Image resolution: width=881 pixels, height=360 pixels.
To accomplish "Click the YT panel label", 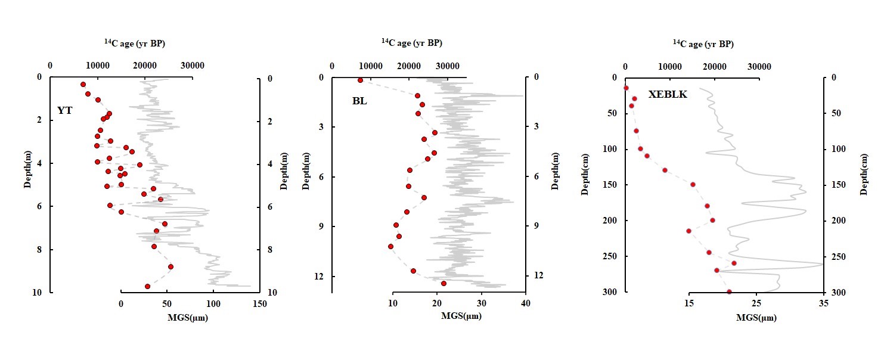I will (x=65, y=110).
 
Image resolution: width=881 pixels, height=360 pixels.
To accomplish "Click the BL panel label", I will (x=359, y=101).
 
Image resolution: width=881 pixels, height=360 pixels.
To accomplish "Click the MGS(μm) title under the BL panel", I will (x=461, y=316).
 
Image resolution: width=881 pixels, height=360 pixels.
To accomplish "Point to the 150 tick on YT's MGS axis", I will (x=259, y=304).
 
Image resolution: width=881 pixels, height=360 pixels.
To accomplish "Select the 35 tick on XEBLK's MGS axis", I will (x=824, y=304).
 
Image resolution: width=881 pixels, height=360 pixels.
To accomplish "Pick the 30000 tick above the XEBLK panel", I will (x=759, y=66).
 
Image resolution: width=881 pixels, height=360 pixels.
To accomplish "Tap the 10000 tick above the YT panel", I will (x=97, y=66).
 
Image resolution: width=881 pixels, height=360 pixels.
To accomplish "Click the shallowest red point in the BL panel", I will (x=360, y=80).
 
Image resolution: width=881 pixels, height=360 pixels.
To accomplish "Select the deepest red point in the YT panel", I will (x=147, y=286).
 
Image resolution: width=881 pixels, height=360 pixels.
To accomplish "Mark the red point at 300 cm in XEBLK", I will (x=729, y=291).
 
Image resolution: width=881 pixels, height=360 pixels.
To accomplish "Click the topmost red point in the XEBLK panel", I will (x=626, y=88).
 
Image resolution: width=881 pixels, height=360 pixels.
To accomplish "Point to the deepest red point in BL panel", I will (x=443, y=283).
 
